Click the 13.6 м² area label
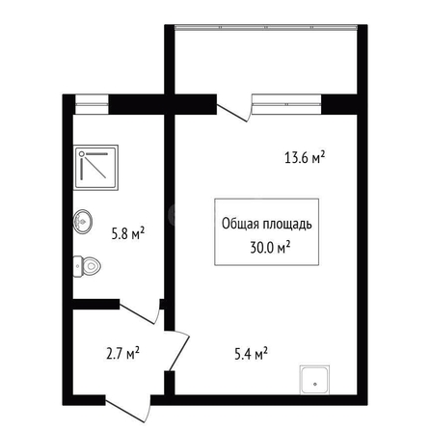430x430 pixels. (305, 157)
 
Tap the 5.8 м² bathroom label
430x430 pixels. (128, 233)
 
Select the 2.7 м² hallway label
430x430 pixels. (122, 353)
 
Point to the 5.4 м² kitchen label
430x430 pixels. (252, 354)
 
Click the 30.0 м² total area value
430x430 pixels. (271, 248)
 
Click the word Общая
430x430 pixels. (240, 224)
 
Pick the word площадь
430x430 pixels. (287, 225)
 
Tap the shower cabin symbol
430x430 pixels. (95, 167)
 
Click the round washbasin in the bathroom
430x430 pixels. (83, 221)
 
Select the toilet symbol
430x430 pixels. (87, 266)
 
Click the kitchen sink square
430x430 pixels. (314, 380)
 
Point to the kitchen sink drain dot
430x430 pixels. (315, 384)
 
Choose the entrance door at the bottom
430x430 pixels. (128, 410)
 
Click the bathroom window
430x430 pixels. (92, 104)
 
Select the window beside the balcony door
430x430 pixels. (286, 104)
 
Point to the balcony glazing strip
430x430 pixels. (266, 28)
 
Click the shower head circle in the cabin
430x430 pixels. (82, 154)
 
